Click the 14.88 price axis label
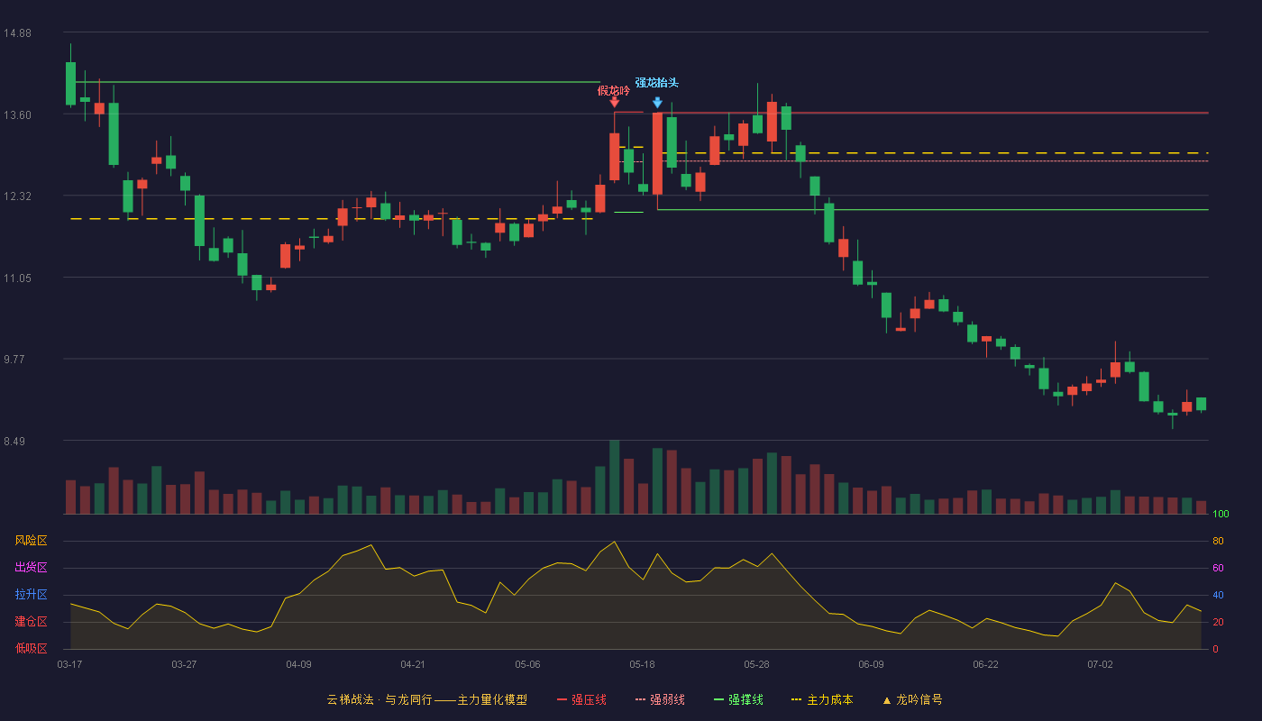click(17, 33)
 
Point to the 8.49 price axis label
click(14, 441)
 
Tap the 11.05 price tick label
click(17, 278)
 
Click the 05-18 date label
click(642, 665)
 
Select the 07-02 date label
click(1100, 665)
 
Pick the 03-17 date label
click(70, 665)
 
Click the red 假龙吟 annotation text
click(614, 91)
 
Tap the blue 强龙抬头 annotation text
click(657, 83)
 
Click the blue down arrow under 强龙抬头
click(657, 103)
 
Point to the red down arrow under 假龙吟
click(615, 102)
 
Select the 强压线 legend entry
click(581, 699)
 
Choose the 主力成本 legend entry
click(822, 699)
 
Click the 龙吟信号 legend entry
click(912, 699)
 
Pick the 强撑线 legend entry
click(738, 699)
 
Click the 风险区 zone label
click(31, 541)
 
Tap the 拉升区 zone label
click(31, 594)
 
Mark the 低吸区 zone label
click(31, 648)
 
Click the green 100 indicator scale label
click(1221, 514)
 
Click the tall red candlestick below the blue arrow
click(657, 154)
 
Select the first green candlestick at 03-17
click(70, 83)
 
